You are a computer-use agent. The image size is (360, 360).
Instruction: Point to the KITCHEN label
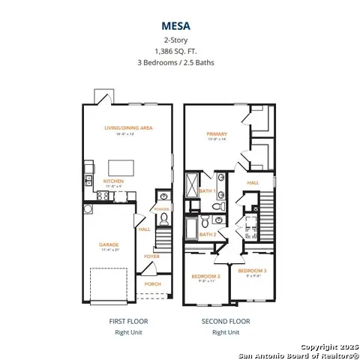pyautogui.click(x=114, y=181)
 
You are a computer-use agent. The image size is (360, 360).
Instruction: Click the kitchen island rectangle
pyautogui.click(x=127, y=163)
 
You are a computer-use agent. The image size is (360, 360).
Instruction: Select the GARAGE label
pyautogui.click(x=110, y=244)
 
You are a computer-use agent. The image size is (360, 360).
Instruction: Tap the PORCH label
pyautogui.click(x=152, y=283)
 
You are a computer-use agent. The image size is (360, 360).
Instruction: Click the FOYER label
pyautogui.click(x=152, y=256)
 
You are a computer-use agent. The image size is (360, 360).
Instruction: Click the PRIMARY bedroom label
pyautogui.click(x=217, y=134)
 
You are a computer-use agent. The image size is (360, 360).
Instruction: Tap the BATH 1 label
pyautogui.click(x=208, y=190)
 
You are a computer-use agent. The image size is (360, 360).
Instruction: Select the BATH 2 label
pyautogui.click(x=208, y=234)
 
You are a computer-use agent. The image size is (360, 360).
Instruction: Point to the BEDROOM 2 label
pyautogui.click(x=204, y=277)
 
